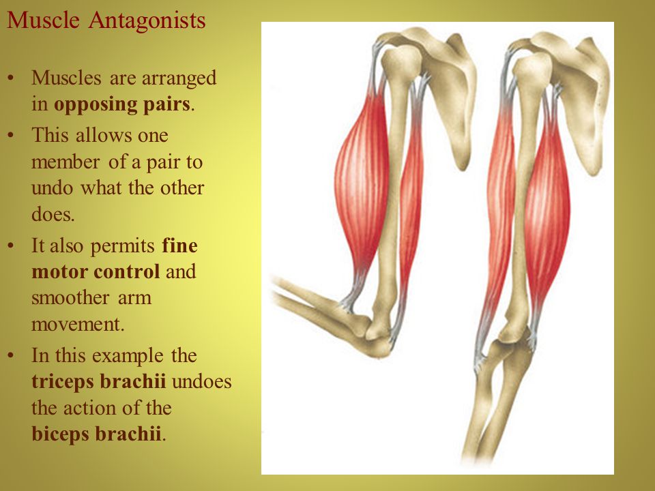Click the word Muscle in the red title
click(x=43, y=20)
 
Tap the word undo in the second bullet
click(x=52, y=188)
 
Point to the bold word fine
click(x=179, y=245)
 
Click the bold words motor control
click(x=96, y=272)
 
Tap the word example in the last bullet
click(x=128, y=357)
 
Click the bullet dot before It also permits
click(x=11, y=246)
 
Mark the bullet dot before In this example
click(x=11, y=356)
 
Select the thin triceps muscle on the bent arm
click(x=411, y=196)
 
